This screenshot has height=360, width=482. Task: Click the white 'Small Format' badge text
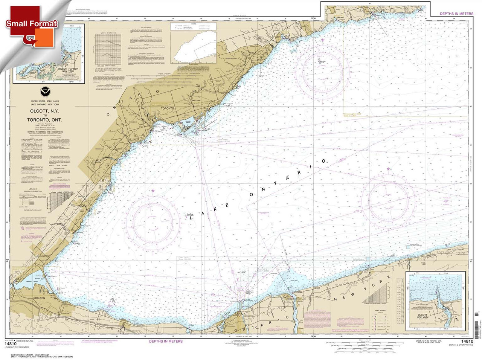click(32, 23)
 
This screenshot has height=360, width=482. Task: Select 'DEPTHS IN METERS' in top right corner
click(456, 14)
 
